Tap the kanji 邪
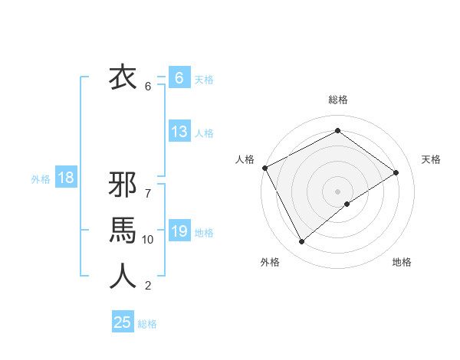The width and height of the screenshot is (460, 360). pos(123,186)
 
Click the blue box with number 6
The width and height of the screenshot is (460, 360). pos(179,77)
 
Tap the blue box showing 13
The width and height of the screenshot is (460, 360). pos(179,132)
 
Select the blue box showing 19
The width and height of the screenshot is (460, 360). pos(179,231)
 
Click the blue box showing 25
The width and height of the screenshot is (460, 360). pos(123,322)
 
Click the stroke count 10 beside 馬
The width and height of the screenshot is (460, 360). pos(148,240)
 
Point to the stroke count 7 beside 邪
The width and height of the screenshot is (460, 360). pos(148,185)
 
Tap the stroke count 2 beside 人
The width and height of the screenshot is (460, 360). pos(148,286)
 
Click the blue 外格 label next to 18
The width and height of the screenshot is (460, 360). pos(41,179)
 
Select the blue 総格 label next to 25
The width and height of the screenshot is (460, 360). pos(147,324)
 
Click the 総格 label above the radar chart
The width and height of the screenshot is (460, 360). pos(337,100)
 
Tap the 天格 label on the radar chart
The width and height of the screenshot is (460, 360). pos(431,159)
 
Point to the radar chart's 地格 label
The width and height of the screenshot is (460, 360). pos(402,262)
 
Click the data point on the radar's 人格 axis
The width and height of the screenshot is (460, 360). pos(264,168)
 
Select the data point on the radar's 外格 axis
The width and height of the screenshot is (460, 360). pos(301,242)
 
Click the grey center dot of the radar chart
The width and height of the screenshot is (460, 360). pos(337,191)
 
